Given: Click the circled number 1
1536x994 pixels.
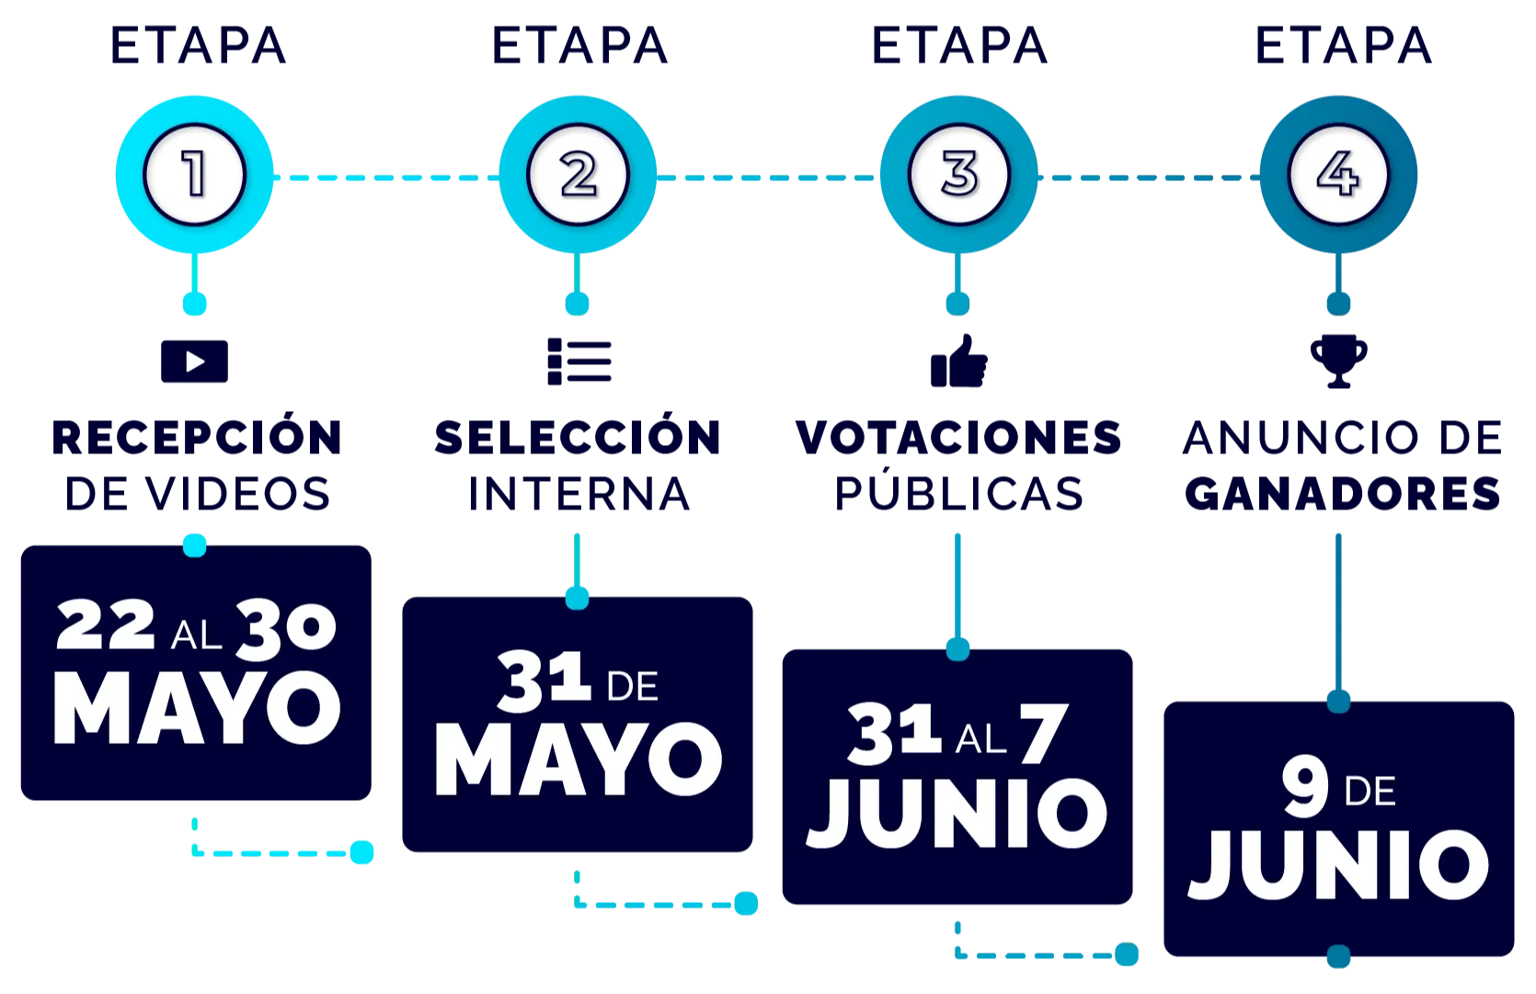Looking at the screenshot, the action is pyautogui.click(x=194, y=175).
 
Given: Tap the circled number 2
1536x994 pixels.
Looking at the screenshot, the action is pyautogui.click(x=578, y=175).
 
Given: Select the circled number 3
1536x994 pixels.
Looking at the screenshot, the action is pyautogui.click(x=958, y=175).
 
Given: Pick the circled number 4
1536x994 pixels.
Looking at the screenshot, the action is pyautogui.click(x=1338, y=175).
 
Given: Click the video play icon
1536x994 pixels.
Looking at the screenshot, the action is pyautogui.click(x=194, y=361).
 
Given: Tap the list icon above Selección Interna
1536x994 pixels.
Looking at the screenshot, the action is pyautogui.click(x=579, y=361).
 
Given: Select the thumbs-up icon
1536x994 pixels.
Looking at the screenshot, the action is pyautogui.click(x=958, y=363).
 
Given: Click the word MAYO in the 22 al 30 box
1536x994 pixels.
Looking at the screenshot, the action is pyautogui.click(x=197, y=709).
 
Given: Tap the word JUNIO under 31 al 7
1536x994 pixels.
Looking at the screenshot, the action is pyautogui.click(x=957, y=814).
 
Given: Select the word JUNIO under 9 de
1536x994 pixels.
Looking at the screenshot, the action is pyautogui.click(x=1338, y=865).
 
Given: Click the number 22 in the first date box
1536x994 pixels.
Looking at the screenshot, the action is pyautogui.click(x=106, y=626).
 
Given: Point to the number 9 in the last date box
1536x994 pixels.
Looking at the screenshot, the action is pyautogui.click(x=1304, y=788).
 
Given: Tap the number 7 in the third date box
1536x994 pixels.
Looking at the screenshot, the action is pyautogui.click(x=1043, y=734).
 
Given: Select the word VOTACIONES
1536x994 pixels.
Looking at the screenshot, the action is pyautogui.click(x=958, y=437).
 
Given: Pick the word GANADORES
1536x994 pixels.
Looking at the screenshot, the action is pyautogui.click(x=1342, y=494).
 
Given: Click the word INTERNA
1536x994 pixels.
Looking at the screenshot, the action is pyautogui.click(x=579, y=494).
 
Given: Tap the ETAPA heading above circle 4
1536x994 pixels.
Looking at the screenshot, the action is pyautogui.click(x=1342, y=46).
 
